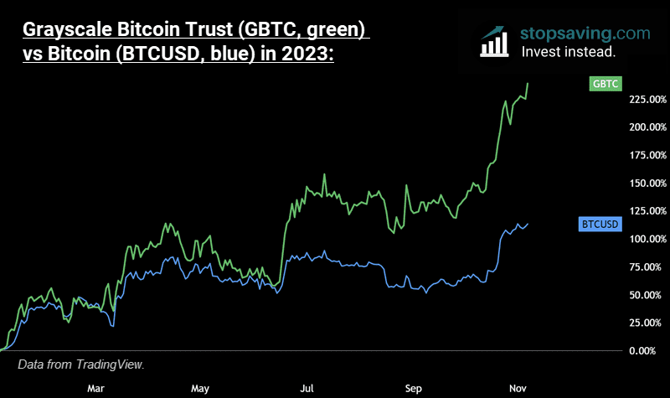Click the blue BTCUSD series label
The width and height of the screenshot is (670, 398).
[600, 225]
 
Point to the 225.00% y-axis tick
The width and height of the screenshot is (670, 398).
[647, 100]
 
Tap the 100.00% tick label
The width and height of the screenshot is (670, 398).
[647, 239]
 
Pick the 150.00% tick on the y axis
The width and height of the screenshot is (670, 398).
[647, 183]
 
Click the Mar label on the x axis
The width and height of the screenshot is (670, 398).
[95, 388]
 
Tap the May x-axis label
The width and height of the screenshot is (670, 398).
[199, 388]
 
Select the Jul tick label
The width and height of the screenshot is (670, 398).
[307, 388]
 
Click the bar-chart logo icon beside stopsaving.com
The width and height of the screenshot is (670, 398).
[495, 40]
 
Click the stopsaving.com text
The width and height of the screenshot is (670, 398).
[585, 34]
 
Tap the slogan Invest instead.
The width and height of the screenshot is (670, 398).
[568, 51]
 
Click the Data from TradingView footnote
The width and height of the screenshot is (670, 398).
[81, 364]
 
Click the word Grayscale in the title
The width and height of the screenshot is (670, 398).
[68, 31]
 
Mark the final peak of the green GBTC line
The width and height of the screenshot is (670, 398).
[528, 82]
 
